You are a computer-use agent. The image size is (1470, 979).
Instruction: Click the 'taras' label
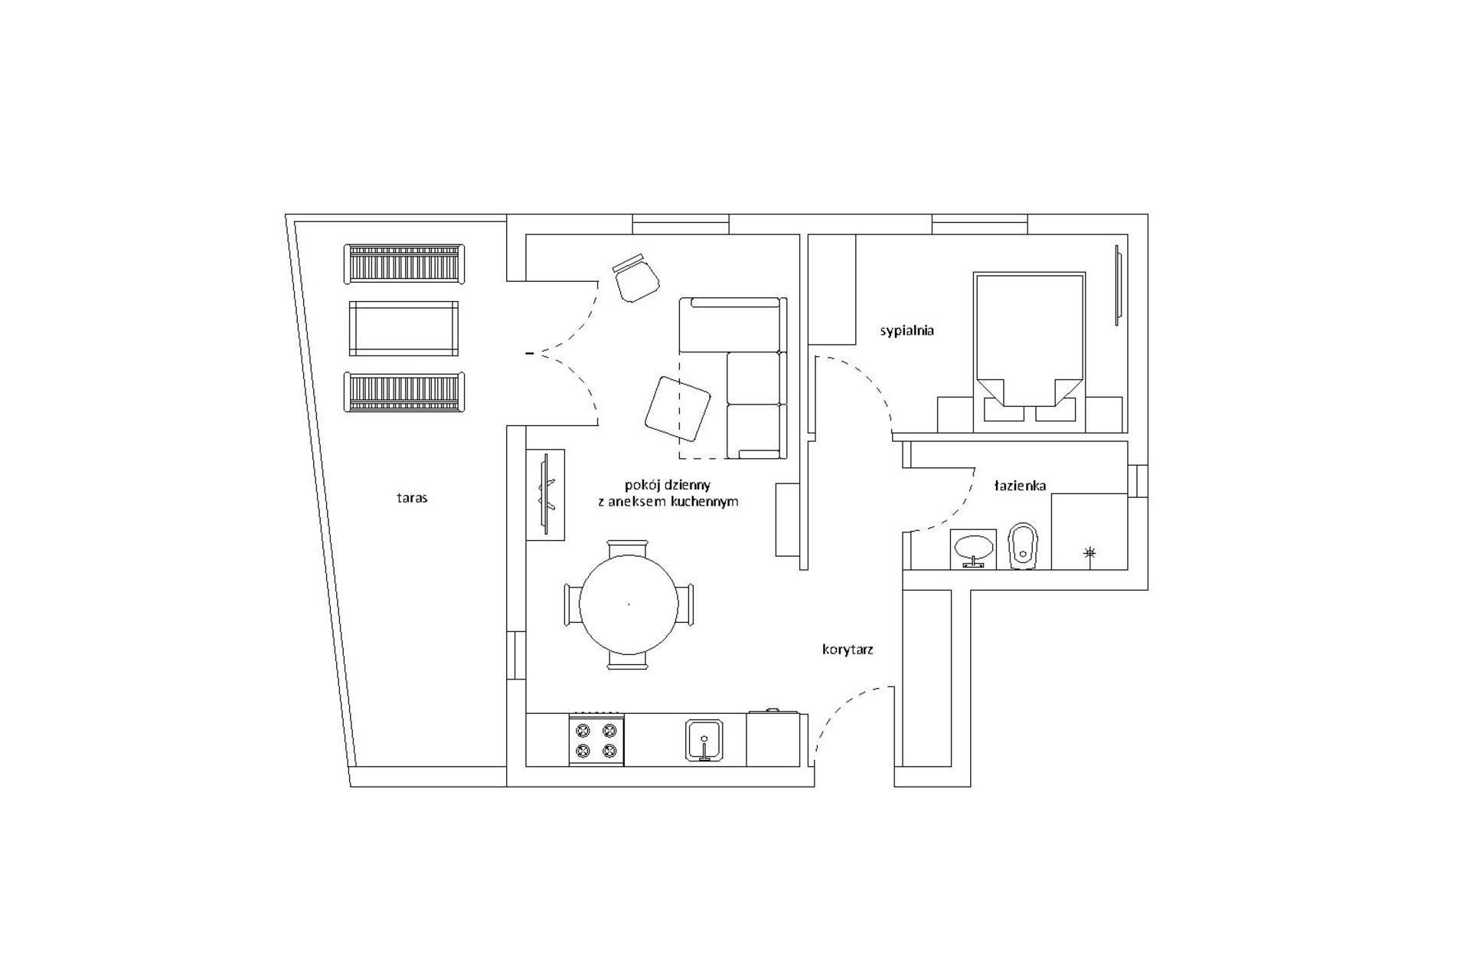point(412,498)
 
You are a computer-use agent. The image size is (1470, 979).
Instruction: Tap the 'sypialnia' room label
point(906,331)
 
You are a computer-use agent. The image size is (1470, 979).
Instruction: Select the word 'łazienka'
point(1020,486)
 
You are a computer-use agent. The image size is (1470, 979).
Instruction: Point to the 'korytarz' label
point(848,650)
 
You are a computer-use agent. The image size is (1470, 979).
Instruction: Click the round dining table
point(628,604)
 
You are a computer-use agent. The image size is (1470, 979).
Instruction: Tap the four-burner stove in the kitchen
point(596,740)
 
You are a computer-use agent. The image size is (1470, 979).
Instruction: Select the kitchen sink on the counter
point(704,740)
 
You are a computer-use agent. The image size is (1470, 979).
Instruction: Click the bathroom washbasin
point(973,548)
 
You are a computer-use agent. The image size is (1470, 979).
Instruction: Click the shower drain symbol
point(1090,552)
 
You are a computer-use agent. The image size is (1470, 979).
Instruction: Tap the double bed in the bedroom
point(1029,337)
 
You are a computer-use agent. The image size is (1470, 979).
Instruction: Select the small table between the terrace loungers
point(403,328)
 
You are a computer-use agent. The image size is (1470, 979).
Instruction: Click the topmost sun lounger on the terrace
point(403,264)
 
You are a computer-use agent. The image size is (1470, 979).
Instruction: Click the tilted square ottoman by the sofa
point(677,408)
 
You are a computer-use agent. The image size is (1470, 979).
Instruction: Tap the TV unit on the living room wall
point(545,495)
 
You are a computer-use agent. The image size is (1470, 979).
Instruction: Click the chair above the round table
point(628,548)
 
